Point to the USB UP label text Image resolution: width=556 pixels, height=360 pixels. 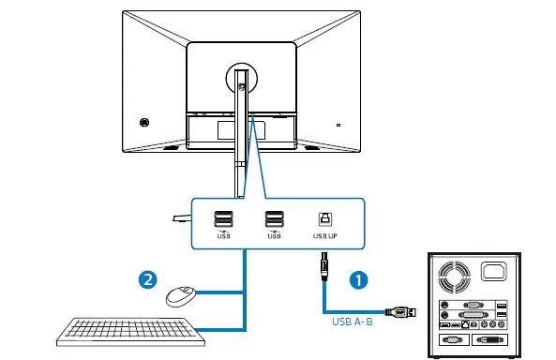tap(324, 236)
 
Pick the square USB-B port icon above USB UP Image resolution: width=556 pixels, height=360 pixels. tap(323, 218)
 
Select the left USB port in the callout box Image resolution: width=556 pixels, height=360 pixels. tap(223, 219)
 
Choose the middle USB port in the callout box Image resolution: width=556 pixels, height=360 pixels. tap(274, 219)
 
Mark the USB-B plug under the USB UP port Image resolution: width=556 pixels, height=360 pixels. tap(323, 267)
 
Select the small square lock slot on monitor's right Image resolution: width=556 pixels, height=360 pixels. tap(339, 123)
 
